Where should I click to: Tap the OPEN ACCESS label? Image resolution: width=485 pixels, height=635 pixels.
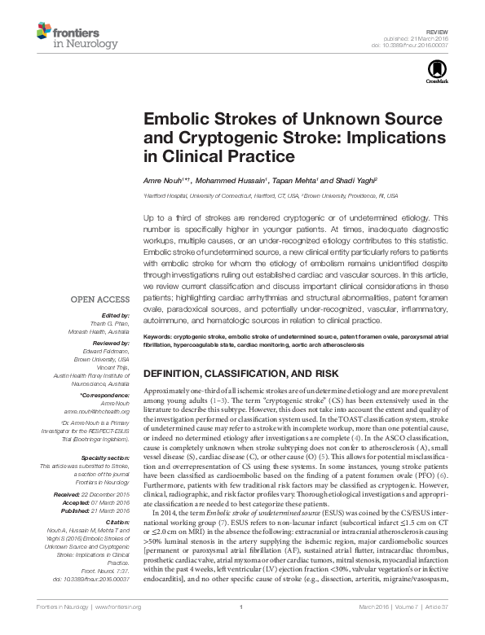[x=100, y=299]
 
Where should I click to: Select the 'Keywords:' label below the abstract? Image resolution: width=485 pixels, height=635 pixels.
[x=161, y=335]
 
